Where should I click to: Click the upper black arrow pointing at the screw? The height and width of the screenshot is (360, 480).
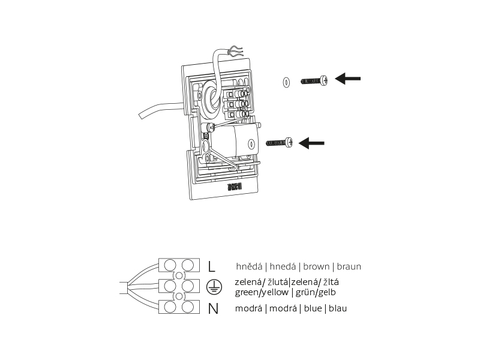[x=348, y=79]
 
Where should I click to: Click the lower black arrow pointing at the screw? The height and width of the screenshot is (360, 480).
[x=311, y=143]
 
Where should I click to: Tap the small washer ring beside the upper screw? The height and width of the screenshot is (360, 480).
[x=286, y=82]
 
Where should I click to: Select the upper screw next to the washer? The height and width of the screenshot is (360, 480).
[x=314, y=80]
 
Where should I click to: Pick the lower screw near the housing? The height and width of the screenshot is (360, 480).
[x=279, y=143]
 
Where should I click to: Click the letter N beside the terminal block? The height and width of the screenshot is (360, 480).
[x=213, y=309]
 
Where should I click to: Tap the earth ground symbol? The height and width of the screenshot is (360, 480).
[x=211, y=287]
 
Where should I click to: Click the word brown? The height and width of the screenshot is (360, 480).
[x=316, y=266]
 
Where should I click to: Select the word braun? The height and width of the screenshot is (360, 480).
[x=349, y=266]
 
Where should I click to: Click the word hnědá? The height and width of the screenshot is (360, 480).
[x=250, y=266]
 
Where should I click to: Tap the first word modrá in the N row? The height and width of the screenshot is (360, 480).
[x=248, y=308]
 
